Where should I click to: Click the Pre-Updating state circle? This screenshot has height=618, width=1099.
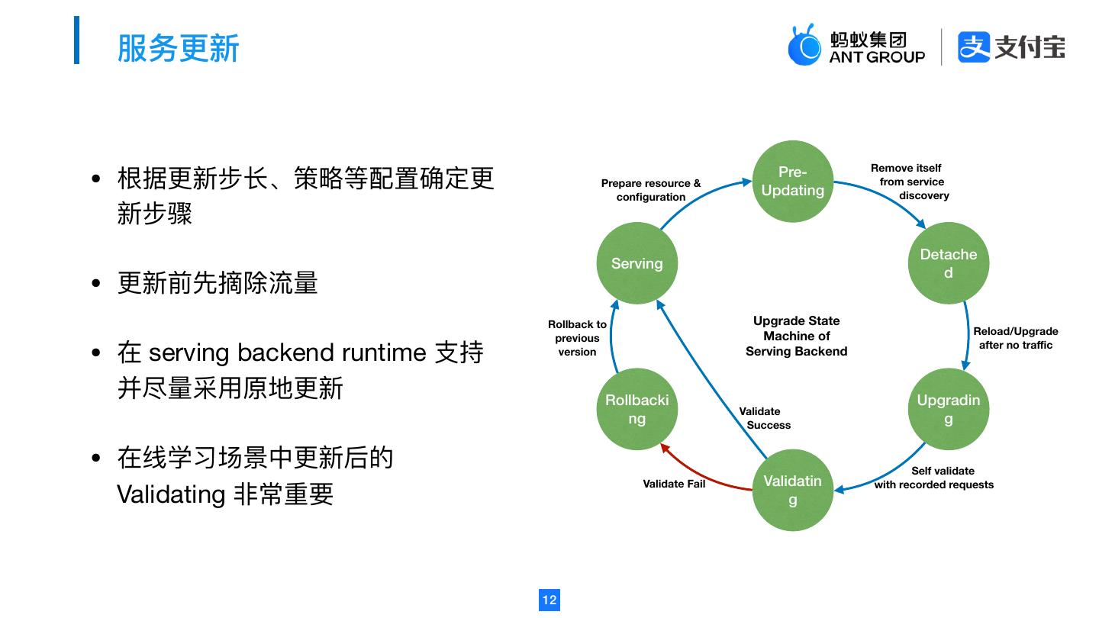point(792,182)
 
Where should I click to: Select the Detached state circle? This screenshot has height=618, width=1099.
point(948,263)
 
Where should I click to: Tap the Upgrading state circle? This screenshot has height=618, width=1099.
point(948,409)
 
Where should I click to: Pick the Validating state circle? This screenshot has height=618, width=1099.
point(792,490)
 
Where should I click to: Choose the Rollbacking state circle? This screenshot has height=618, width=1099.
point(637,409)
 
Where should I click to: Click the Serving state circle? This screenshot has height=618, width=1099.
point(637,263)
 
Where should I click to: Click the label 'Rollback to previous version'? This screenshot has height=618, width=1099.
point(577,338)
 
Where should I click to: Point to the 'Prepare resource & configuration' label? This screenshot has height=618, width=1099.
point(651,190)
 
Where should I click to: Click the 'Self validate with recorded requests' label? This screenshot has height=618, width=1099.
point(935,478)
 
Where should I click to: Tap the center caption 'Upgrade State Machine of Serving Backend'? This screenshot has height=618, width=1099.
point(796,336)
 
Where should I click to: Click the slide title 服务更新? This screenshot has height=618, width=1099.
point(178,47)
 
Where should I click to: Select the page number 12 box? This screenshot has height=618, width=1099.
point(549,600)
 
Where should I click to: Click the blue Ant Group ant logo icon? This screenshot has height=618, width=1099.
point(804,46)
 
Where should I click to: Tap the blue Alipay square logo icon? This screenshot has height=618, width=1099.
point(973,47)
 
